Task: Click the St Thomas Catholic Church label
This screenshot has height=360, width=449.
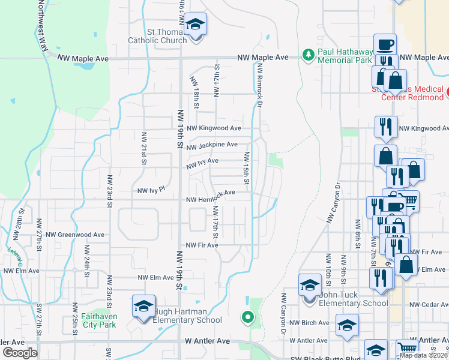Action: click(158, 36)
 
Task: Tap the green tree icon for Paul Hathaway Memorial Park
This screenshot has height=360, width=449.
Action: click(309, 55)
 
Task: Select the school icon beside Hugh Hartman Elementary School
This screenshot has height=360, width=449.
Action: click(144, 306)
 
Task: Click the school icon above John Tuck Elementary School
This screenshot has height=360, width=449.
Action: click(310, 285)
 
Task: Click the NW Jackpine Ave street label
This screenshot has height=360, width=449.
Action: click(212, 145)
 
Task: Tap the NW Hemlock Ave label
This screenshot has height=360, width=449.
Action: click(210, 200)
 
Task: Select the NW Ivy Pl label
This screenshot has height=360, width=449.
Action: click(151, 190)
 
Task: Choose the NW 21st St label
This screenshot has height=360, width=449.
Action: click(144, 148)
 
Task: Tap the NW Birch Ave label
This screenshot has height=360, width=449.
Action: click(309, 323)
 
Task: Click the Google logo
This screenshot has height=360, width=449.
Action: click(20, 353)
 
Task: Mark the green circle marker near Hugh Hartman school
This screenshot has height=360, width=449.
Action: click(246, 317)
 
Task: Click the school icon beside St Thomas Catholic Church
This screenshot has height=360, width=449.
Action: click(196, 25)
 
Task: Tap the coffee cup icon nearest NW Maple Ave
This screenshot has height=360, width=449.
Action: click(385, 44)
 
